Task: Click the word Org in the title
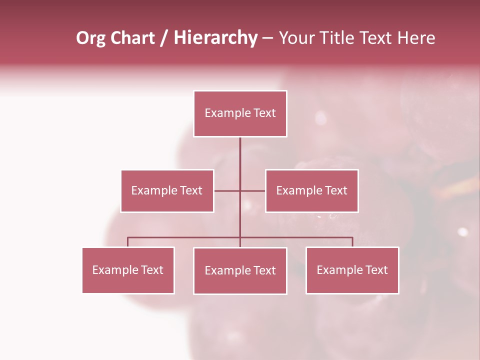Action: click(x=91, y=38)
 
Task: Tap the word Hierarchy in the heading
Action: click(x=215, y=38)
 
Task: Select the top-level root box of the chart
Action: click(x=240, y=113)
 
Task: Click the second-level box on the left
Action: click(x=167, y=190)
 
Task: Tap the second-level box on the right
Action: click(x=311, y=190)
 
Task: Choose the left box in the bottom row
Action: click(x=128, y=270)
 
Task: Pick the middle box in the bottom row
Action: click(x=240, y=270)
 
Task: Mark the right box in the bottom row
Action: click(x=352, y=270)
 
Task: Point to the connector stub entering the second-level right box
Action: click(x=253, y=190)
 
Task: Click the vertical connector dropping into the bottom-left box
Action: click(x=128, y=242)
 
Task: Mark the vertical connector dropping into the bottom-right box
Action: click(x=352, y=242)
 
